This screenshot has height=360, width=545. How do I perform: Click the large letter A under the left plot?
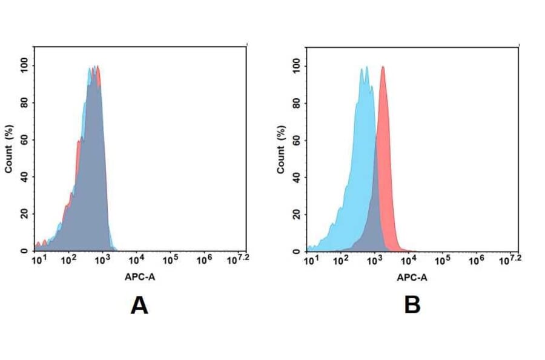click(x=139, y=306)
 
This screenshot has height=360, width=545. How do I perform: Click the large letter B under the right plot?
click(x=412, y=306)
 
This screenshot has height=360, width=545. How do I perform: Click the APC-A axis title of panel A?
click(x=140, y=278)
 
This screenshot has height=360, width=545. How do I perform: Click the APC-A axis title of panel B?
click(x=412, y=278)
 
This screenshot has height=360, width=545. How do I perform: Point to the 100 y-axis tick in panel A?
click(x=24, y=65)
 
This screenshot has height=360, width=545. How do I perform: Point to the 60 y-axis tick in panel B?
click(x=297, y=140)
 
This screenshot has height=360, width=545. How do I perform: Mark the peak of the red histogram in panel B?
click(x=383, y=67)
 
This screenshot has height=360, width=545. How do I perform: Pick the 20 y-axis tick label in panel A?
click(x=24, y=214)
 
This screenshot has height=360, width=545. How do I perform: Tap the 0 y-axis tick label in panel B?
click(x=297, y=251)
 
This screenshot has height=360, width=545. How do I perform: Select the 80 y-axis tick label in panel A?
click(x=24, y=102)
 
